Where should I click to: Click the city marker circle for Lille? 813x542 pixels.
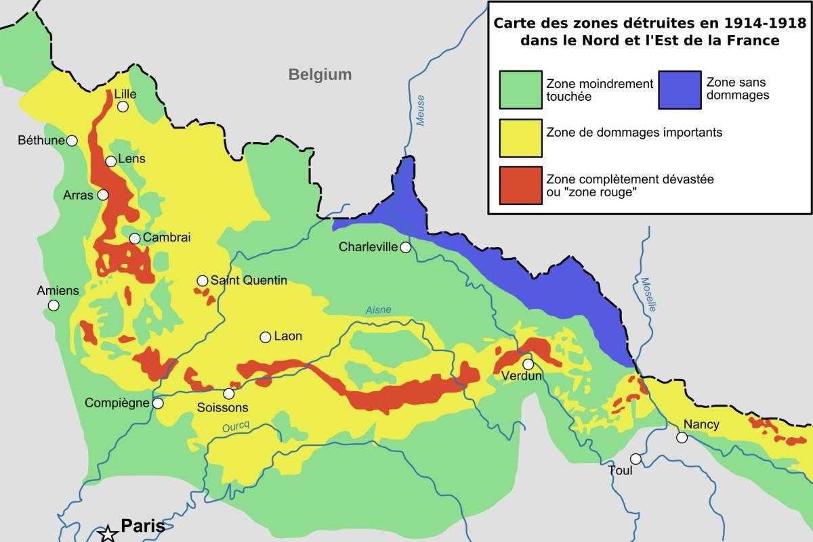point(123,107)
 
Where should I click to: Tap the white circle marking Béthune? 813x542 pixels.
point(72,141)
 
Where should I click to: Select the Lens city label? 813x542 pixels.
point(131,159)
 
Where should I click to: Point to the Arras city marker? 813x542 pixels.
point(103,195)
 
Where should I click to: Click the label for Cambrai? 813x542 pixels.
point(167,238)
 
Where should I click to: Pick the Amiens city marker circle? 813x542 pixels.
point(54,306)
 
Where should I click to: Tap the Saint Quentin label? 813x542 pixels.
point(249,280)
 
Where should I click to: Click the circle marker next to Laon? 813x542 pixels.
point(265,337)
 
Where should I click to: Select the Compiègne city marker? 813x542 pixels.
point(158,403)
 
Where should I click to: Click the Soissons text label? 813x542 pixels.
point(222,407)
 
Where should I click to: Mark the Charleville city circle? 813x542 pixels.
point(405,248)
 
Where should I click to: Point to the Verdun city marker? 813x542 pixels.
point(528,364)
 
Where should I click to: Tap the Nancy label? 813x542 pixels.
point(701,424)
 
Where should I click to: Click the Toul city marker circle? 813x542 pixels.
point(635,459)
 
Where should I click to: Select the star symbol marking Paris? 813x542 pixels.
point(108,533)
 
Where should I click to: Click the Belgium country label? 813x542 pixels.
point(320,74)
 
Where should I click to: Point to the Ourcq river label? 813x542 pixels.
point(236,428)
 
